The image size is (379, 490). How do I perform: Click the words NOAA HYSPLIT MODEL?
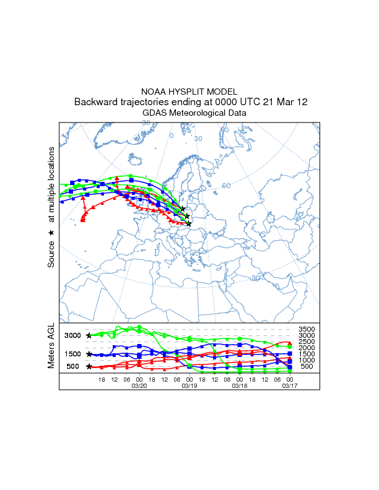click(x=189, y=92)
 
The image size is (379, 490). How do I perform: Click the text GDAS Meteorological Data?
click(x=194, y=113)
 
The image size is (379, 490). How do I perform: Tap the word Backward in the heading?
click(x=95, y=102)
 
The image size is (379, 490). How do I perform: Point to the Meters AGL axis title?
click(x=51, y=348)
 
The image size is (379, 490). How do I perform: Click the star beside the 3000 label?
click(x=89, y=335)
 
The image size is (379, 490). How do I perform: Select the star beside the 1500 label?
click(x=89, y=354)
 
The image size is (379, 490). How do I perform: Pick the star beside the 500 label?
click(x=89, y=367)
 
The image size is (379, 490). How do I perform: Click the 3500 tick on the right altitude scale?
click(x=307, y=329)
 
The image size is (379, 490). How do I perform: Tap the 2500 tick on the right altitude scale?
click(x=307, y=342)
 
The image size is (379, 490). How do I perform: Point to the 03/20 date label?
click(x=139, y=385)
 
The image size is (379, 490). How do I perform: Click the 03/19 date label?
click(x=189, y=385)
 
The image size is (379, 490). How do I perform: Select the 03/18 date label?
click(x=240, y=385)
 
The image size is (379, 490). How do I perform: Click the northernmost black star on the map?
click(x=183, y=209)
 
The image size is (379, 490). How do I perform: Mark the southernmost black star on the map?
click(x=189, y=223)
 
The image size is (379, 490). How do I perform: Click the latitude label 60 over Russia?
click(x=226, y=186)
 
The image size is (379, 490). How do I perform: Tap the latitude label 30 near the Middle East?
click(x=255, y=279)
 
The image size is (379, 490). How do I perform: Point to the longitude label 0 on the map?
click(x=172, y=135)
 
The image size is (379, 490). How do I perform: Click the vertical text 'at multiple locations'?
click(x=51, y=184)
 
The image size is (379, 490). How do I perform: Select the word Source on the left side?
click(x=51, y=254)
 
